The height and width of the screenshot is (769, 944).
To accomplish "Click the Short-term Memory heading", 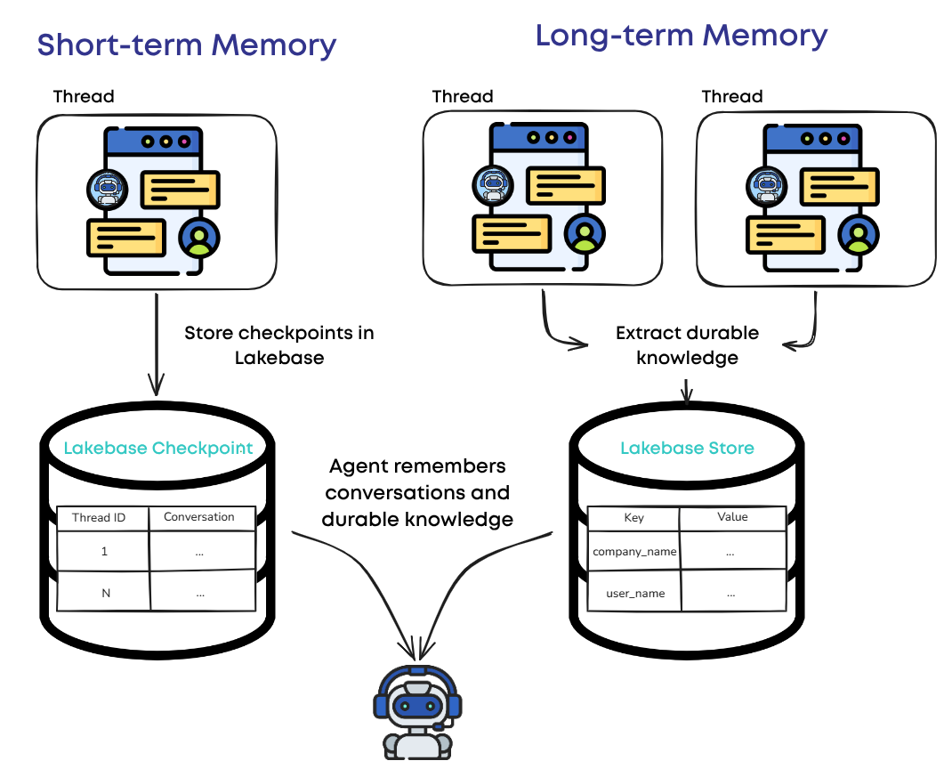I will pos(187,45).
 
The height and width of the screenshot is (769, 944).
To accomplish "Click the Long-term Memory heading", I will pos(681,36).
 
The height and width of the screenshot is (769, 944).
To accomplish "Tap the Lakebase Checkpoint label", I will pos(158,448).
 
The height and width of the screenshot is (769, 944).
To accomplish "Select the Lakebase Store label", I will pos(687,448).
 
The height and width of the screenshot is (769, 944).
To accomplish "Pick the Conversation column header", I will pos(199,517).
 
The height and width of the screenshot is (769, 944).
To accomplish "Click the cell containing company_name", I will pos(634,552).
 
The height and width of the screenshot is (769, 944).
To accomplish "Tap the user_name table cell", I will pos(634,594).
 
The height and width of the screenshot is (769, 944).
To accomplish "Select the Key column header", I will pos(633,517).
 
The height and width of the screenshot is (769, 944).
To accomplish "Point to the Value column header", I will pos(732,516).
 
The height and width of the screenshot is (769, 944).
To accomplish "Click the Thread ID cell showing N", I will pos(106,593).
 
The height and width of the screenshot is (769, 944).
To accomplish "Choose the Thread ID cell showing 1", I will pos(105,552).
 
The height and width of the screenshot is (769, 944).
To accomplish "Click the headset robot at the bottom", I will pos(412,712).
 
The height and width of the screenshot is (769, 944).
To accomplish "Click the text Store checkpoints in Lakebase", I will pos(279,345).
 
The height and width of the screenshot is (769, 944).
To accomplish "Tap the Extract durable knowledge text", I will pos(688,345).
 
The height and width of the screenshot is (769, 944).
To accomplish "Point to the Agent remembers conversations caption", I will pos(417,492).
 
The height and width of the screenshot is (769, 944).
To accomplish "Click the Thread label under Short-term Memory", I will pos(84,96).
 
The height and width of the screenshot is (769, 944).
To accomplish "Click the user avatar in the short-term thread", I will pos(199,236).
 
